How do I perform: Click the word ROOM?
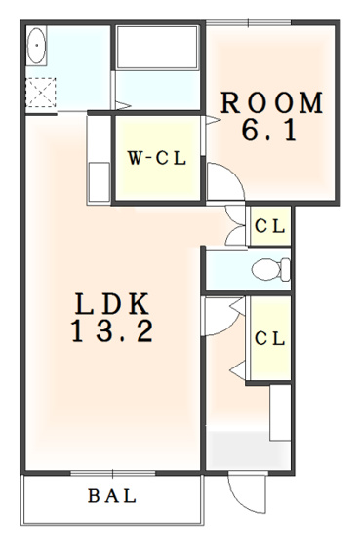270,102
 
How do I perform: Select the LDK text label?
110,303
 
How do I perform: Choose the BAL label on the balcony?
112,496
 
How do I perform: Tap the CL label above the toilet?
270,226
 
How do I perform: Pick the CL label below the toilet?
270,338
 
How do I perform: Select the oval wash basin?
37,46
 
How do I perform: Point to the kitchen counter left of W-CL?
100,161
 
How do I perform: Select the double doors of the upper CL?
235,226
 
